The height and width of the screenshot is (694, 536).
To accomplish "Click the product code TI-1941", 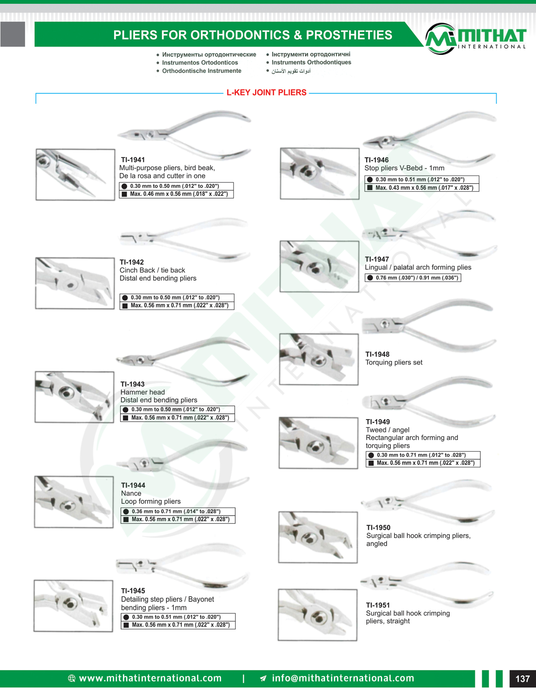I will (x=133, y=160).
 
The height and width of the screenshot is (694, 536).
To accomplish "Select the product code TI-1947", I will (x=377, y=259).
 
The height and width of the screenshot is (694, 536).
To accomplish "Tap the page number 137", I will (x=522, y=679).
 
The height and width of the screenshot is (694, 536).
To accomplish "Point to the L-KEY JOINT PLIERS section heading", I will (x=266, y=93).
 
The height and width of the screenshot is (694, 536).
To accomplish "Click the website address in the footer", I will (x=150, y=678).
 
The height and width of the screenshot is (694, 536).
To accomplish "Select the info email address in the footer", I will (x=343, y=678).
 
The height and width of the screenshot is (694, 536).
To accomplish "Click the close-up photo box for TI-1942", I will (x=75, y=283).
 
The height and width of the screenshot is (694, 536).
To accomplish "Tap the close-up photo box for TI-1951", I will (x=317, y=615).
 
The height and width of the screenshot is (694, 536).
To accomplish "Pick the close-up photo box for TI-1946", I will (x=320, y=173).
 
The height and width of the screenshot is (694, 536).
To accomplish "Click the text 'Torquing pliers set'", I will (x=394, y=362).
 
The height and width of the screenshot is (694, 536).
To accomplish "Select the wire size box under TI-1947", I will (x=413, y=278).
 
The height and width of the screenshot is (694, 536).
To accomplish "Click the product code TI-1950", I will (x=378, y=527).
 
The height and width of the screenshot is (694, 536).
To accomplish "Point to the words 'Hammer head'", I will (x=143, y=392).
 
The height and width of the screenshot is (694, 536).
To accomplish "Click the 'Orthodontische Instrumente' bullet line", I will (x=202, y=71).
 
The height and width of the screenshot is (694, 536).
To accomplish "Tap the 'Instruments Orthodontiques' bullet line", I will (x=311, y=62).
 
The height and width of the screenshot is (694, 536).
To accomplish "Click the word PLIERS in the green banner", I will (x=135, y=35).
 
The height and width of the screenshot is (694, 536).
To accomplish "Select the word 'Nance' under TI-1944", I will (x=131, y=493).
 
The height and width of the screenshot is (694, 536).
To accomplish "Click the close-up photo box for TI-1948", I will (x=319, y=359).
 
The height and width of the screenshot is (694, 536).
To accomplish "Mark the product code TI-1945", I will (x=133, y=591).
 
